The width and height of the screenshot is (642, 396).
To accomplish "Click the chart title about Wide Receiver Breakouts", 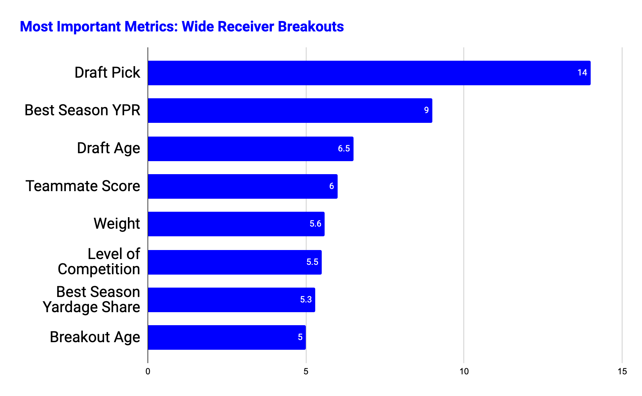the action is [x=182, y=27].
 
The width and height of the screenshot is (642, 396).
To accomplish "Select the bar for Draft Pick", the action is [x=369, y=73].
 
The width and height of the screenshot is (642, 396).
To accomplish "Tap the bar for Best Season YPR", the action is [x=290, y=111].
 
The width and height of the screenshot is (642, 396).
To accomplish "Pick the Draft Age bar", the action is [x=251, y=148].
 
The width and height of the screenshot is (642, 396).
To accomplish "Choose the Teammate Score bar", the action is [x=243, y=186].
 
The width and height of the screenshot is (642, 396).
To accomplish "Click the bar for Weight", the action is [x=236, y=224].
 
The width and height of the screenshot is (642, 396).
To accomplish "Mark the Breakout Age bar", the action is [x=227, y=337].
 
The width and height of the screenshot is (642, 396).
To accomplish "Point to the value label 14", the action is [x=582, y=73].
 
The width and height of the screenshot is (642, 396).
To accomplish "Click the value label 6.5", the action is [x=344, y=148].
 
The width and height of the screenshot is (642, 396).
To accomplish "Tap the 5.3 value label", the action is [x=306, y=300].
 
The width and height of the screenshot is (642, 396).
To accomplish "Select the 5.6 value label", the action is [x=315, y=224].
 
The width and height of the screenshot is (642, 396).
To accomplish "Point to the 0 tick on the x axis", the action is [x=148, y=371].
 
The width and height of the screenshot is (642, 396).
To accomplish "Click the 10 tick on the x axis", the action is [x=464, y=371].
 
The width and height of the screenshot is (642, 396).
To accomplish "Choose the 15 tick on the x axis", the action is [x=622, y=371].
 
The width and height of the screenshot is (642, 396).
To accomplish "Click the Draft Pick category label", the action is [x=107, y=73].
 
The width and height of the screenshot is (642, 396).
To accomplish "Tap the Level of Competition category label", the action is [x=99, y=262].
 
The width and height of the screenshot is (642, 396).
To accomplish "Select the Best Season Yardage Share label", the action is [x=91, y=300].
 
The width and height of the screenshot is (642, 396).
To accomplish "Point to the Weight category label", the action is [x=117, y=224].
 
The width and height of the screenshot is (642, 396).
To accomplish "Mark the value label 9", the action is [x=427, y=110].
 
